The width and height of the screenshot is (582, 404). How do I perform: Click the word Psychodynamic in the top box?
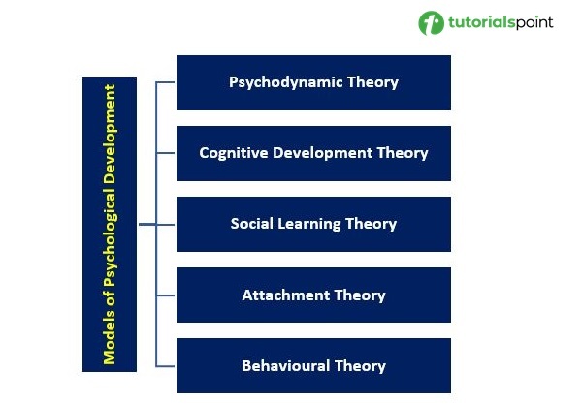(x=285, y=82)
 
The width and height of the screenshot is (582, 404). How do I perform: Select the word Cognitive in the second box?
(x=233, y=153)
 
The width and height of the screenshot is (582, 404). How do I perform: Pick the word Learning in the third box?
(x=308, y=224)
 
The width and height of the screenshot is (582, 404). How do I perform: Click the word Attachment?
(x=286, y=295)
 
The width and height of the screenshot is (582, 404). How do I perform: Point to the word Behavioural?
(x=286, y=366)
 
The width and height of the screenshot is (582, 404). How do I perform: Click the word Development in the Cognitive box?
(x=322, y=153)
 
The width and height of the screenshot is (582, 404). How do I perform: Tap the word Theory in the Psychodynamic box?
(x=372, y=82)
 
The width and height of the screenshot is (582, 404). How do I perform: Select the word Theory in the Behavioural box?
(x=360, y=366)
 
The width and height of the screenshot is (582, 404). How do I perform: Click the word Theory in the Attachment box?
(x=360, y=295)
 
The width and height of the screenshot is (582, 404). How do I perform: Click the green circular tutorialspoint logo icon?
(x=431, y=22)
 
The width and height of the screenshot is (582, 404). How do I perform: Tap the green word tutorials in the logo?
(x=481, y=22)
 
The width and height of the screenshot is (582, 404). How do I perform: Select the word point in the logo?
(x=534, y=23)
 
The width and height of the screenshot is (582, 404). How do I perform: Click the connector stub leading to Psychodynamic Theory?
(x=166, y=82)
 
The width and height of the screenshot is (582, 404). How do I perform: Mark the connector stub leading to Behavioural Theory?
(x=166, y=366)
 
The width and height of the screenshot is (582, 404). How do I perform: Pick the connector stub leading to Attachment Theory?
(x=166, y=295)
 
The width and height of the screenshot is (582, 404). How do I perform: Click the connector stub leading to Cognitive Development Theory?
(x=166, y=153)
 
